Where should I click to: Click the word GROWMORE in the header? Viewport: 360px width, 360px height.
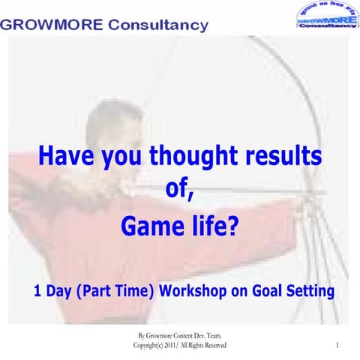tap(51, 25)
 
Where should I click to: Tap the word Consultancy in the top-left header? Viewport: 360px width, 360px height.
tap(158, 25)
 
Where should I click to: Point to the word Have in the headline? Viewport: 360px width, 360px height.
tap(65, 158)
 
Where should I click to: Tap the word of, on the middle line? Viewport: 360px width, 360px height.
tap(180, 190)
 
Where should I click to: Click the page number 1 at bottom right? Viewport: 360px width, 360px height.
tap(338, 345)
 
